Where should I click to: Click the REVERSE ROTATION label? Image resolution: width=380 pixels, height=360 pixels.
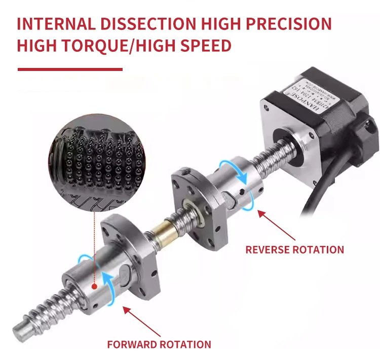coord(294,249)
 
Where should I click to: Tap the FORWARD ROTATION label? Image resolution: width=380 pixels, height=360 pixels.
coord(159,345)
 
